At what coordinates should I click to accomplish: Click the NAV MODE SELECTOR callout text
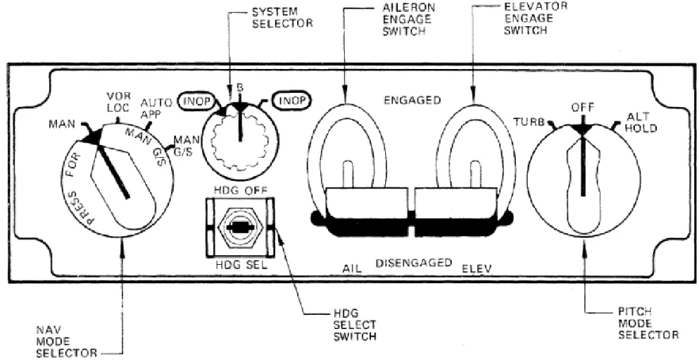tap(67, 342)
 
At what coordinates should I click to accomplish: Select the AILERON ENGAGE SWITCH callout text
tap(407, 20)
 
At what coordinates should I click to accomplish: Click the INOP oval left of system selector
tap(197, 101)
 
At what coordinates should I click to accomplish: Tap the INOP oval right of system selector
tap(292, 101)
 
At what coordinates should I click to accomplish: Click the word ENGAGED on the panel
tap(412, 100)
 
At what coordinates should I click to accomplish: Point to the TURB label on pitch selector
tap(529, 122)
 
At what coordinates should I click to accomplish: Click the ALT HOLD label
tap(641, 122)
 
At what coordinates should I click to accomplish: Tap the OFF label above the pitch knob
tap(582, 108)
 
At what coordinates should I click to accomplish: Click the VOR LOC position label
tap(117, 101)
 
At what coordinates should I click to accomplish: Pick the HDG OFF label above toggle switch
tap(241, 191)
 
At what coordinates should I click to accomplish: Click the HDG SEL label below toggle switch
tap(240, 265)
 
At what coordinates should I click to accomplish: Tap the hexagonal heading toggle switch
tap(240, 228)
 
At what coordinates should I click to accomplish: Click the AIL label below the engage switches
tap(352, 269)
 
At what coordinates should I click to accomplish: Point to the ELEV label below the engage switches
tap(477, 269)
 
